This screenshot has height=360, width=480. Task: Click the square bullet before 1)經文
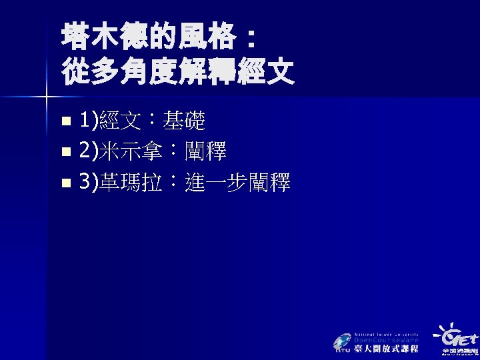65,122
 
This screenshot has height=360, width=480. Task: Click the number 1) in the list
88,121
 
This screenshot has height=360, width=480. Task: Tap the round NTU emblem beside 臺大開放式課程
343,341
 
